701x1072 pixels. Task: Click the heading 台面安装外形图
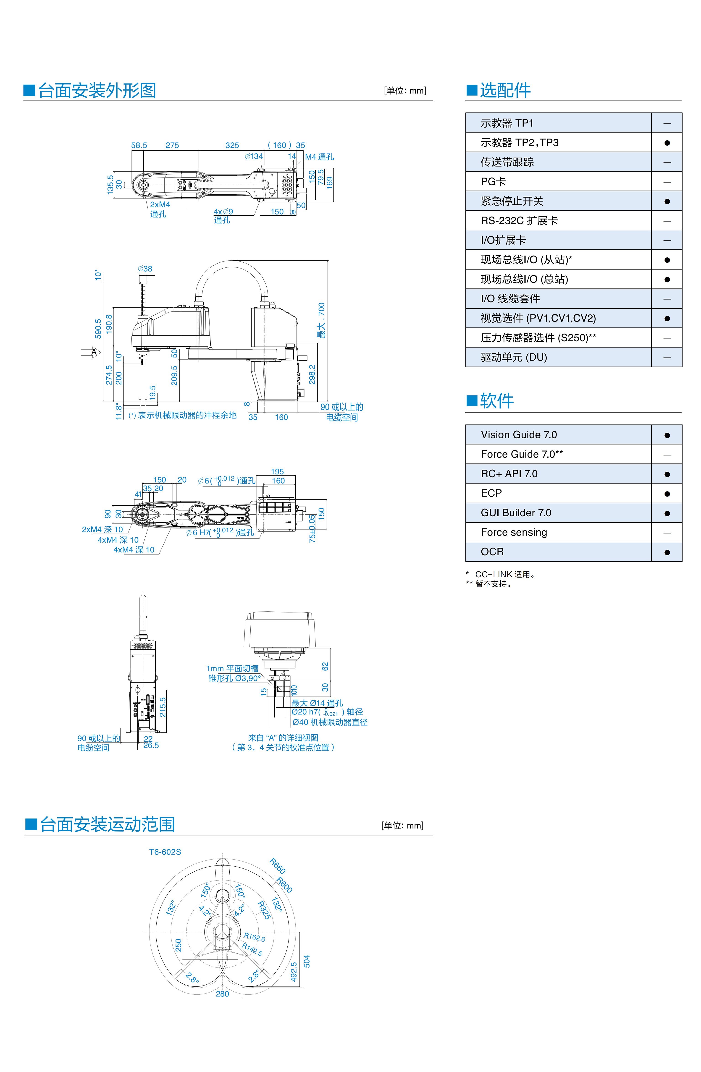click(97, 91)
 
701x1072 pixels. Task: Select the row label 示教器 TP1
click(507, 123)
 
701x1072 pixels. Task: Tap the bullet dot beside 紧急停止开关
click(667, 201)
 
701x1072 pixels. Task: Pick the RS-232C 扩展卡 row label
click(519, 221)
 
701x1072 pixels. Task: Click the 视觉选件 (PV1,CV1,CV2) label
click(538, 319)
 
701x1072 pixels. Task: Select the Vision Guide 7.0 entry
click(519, 435)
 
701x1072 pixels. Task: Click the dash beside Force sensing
click(667, 533)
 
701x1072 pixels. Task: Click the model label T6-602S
click(165, 852)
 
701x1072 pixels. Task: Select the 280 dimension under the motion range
click(222, 994)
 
